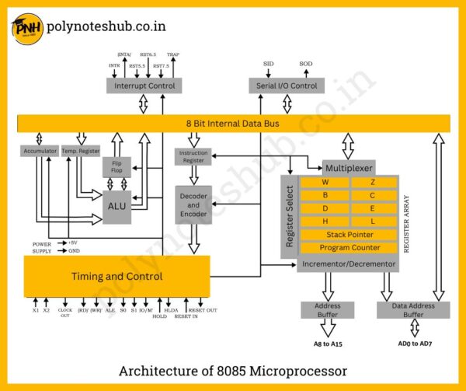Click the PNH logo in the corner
pyautogui.click(x=26, y=29)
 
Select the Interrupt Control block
pyautogui.click(x=144, y=86)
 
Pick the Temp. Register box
pyautogui.click(x=81, y=151)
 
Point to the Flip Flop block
pyautogui.click(x=116, y=166)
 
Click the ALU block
pyautogui.click(x=116, y=205)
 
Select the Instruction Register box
pyautogui.click(x=193, y=156)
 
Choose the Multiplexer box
pyautogui.click(x=348, y=168)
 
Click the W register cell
pyautogui.click(x=324, y=183)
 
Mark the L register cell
pyautogui.click(x=373, y=222)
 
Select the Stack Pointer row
pyautogui.click(x=348, y=235)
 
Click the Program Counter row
pyautogui.click(x=348, y=248)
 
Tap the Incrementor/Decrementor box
pyautogui.click(x=347, y=264)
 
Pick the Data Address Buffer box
pyautogui.click(x=413, y=309)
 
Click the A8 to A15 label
pyautogui.click(x=329, y=343)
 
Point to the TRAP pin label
pyautogui.click(x=173, y=55)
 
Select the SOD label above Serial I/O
pyautogui.click(x=306, y=63)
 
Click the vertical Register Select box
pyautogui.click(x=290, y=217)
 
